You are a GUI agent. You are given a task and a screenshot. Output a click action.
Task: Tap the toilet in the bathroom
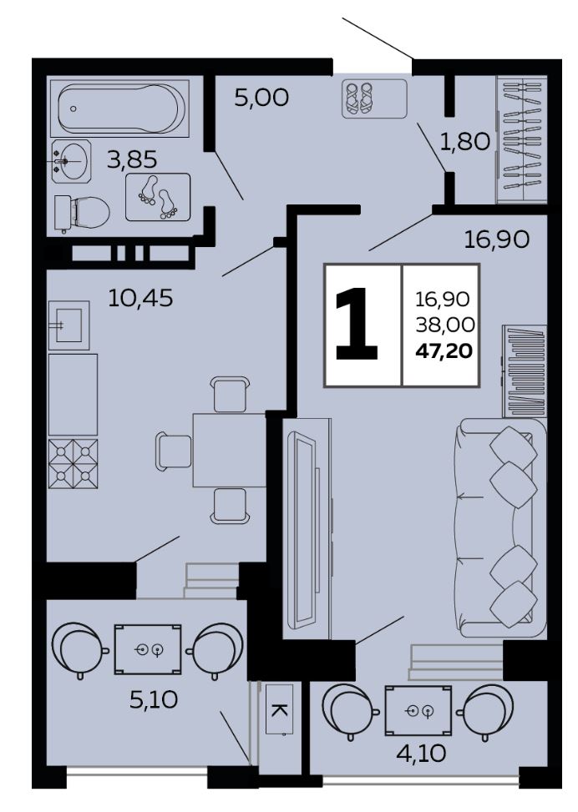tap(81, 213)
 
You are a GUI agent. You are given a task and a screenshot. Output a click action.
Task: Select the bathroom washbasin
tap(72, 161)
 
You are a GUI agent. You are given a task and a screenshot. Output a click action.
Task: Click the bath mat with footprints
tap(158, 197)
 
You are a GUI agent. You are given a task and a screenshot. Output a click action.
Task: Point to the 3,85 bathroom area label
tap(132, 160)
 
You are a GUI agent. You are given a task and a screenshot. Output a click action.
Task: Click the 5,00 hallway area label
tap(261, 98)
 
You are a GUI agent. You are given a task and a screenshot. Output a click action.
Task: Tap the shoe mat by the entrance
tap(374, 99)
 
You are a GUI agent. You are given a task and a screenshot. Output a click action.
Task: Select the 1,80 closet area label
tap(464, 141)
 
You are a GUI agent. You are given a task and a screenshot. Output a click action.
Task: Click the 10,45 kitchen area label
tap(140, 298)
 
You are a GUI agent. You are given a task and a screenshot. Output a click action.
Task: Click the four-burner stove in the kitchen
tap(74, 463)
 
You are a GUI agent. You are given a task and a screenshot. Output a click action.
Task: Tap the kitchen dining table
tap(229, 450)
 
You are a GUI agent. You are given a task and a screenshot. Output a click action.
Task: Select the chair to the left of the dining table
tap(173, 451)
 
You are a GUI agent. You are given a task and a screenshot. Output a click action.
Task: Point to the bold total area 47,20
tap(444, 351)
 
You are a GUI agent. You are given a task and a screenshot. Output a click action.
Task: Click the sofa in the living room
tap(500, 527)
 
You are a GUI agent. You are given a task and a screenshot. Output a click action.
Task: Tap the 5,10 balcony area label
tap(154, 701)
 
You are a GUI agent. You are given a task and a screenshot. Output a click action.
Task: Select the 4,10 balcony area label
tap(421, 754)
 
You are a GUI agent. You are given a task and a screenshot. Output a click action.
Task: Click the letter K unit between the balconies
tap(279, 709)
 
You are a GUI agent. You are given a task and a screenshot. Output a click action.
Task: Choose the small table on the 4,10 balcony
tap(418, 710)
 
